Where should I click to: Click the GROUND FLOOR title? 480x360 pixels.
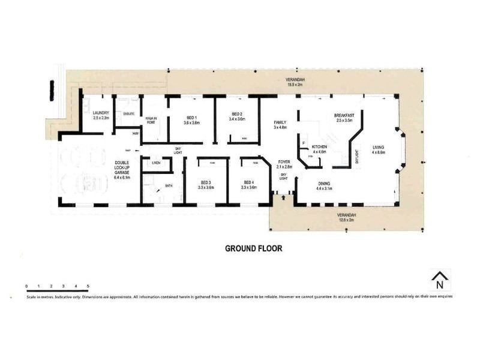click(253, 248)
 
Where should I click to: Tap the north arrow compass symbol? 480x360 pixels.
click(440, 280)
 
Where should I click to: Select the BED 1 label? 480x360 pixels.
click(191, 118)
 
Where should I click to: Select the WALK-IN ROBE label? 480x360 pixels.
click(152, 120)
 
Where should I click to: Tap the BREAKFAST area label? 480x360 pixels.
click(344, 116)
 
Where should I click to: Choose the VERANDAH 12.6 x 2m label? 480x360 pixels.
click(346, 217)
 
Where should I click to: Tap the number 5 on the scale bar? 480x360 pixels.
click(88, 286)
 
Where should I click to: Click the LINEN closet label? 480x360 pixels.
click(155, 163)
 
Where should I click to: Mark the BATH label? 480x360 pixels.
click(169, 186)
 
